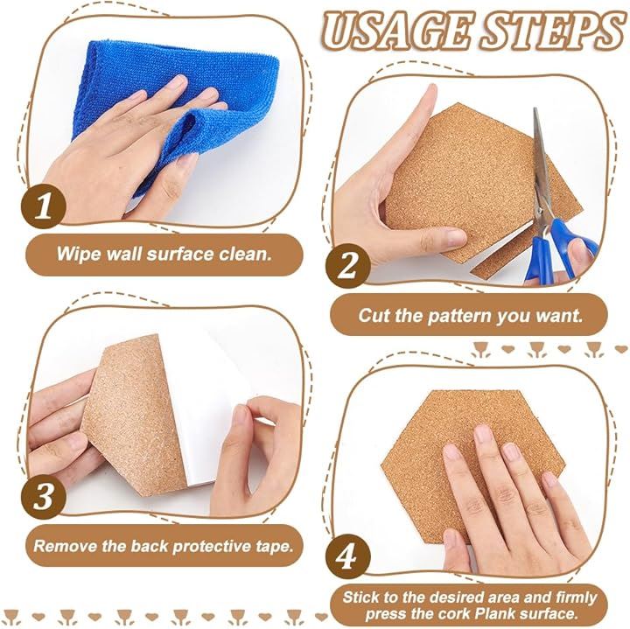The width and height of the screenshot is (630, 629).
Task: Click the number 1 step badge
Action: pyautogui.click(x=44, y=206)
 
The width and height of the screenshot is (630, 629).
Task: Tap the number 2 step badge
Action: pyautogui.click(x=347, y=266)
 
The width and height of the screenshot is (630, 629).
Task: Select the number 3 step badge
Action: pyautogui.click(x=44, y=496)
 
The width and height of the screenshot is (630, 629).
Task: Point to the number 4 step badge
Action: pyautogui.click(x=347, y=556)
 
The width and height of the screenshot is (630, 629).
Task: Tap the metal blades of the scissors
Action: pyautogui.click(x=542, y=169)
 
